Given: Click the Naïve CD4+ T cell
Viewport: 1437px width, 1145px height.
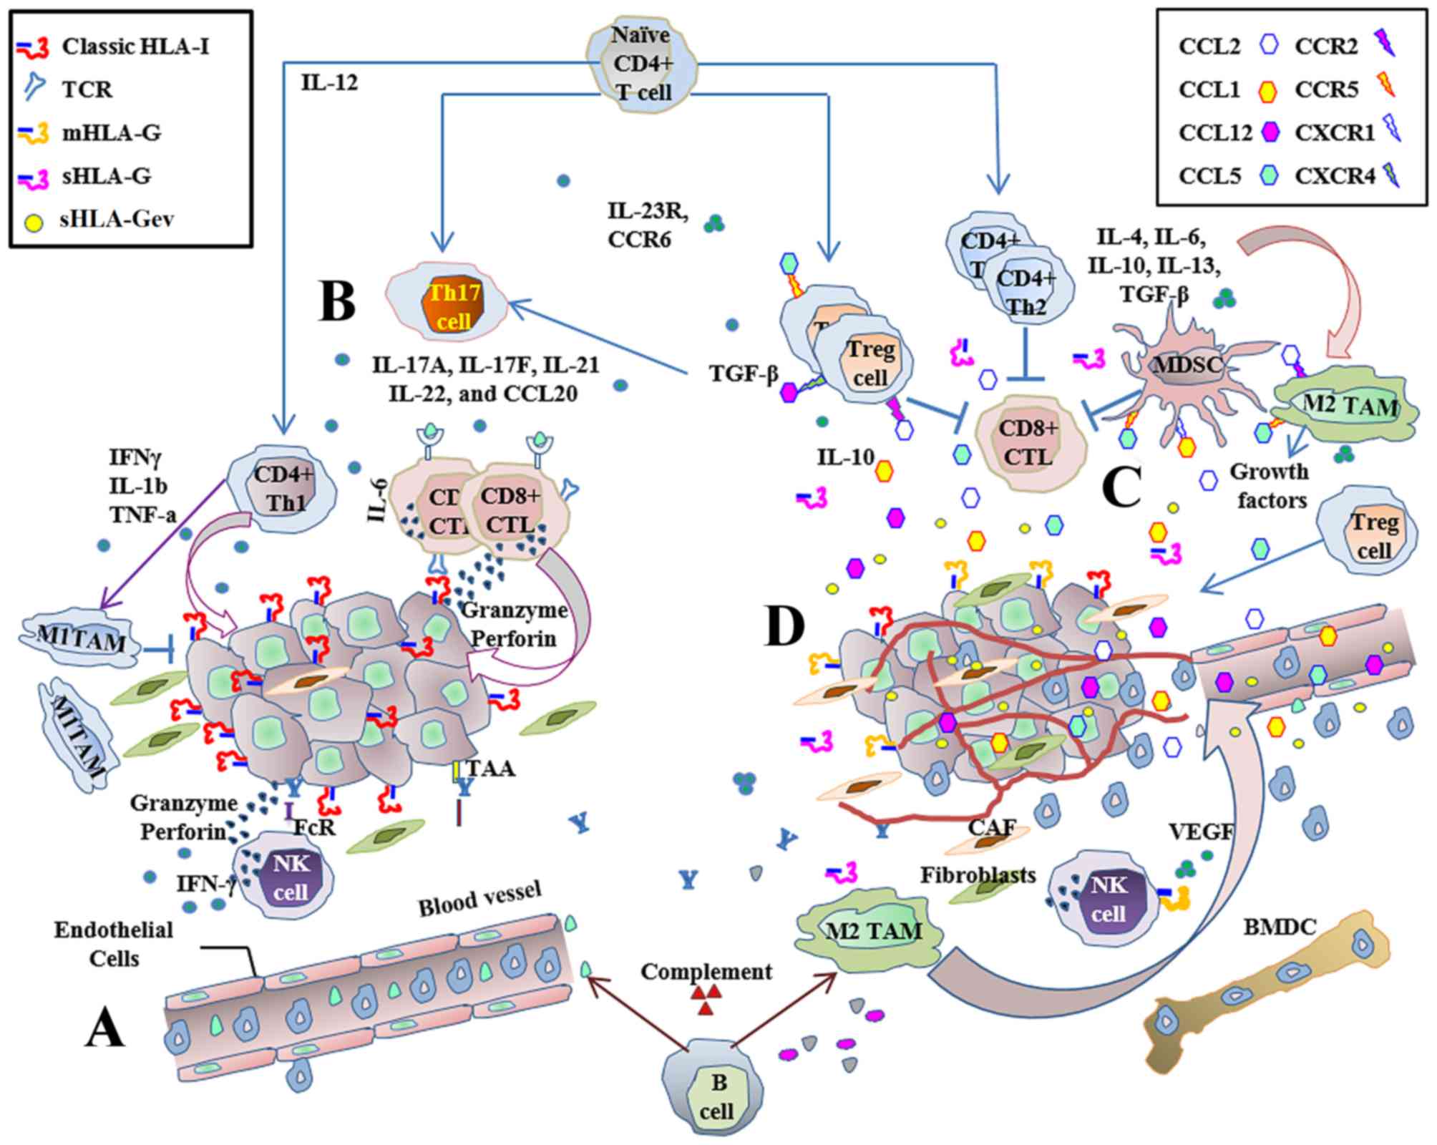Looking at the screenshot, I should point(642,64).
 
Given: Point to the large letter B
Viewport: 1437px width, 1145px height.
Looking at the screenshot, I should point(337,301).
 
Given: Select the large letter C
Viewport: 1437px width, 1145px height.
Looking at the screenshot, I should point(1121,487).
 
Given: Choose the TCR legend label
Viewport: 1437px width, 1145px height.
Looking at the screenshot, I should point(87,89).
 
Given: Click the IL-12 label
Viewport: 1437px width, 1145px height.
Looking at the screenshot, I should point(329,83).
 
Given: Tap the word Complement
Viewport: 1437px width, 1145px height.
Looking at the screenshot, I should point(706,972).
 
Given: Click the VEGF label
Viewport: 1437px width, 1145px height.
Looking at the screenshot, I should point(1202,831).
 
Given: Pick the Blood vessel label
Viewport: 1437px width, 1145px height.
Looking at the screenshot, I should point(479,897).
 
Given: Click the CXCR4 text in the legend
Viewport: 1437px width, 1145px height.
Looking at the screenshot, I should point(1335,176).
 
